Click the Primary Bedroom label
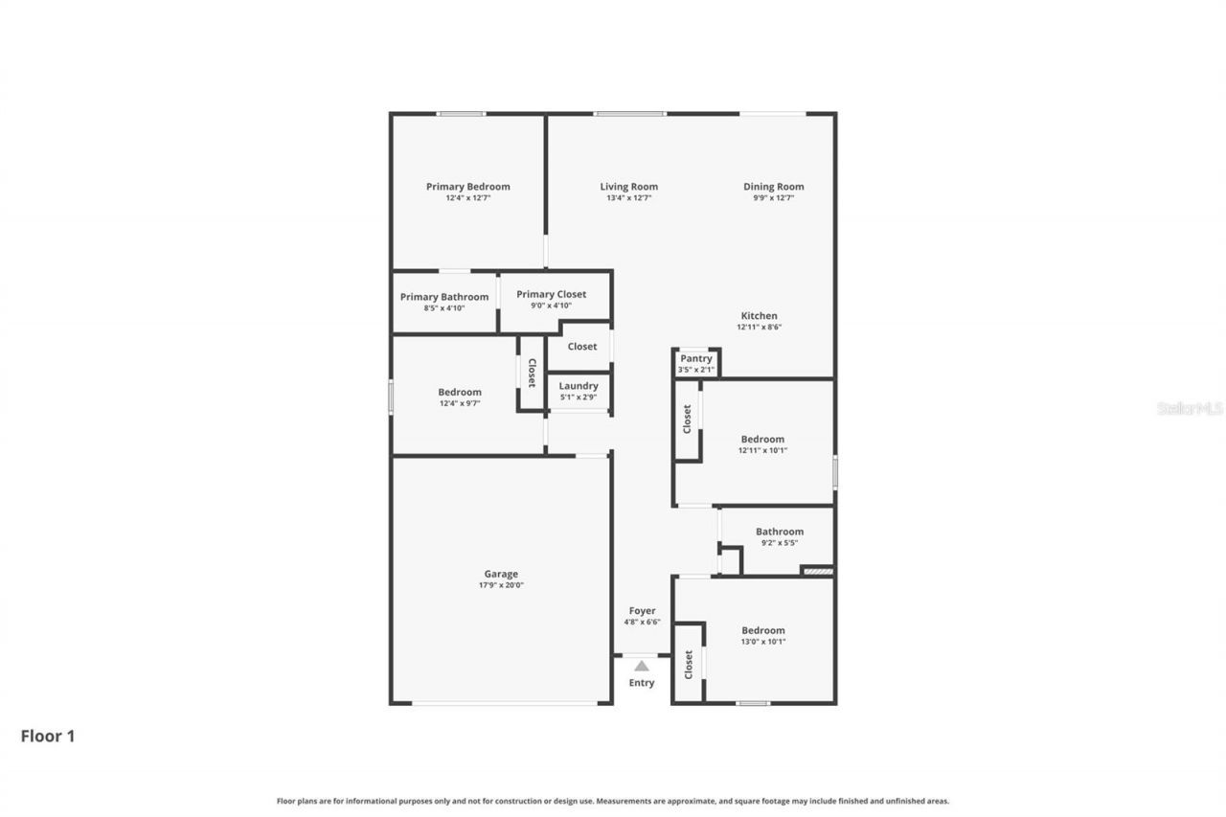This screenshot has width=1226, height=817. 467,187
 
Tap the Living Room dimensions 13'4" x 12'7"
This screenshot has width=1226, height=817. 628,198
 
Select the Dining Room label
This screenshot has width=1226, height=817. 773,187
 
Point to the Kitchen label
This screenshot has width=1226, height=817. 759,316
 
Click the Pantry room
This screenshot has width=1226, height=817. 695,363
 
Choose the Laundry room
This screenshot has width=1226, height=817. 579,391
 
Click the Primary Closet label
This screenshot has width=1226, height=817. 551,294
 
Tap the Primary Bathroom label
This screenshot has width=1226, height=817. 443,297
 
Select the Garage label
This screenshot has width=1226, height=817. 501,575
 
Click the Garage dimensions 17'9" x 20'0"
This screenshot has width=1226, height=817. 501,585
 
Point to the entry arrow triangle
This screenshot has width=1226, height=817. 641,666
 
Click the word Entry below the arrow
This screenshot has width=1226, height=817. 641,683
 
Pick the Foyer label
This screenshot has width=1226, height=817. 642,611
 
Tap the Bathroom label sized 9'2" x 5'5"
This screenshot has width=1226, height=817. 779,532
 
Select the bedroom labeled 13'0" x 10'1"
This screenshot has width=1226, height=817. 762,636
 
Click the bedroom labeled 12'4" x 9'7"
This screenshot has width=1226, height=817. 460,397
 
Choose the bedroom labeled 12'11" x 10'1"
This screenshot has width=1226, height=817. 762,444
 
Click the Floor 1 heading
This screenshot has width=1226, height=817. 48,737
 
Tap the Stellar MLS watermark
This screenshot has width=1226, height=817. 1190,409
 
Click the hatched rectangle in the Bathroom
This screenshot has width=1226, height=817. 817,572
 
